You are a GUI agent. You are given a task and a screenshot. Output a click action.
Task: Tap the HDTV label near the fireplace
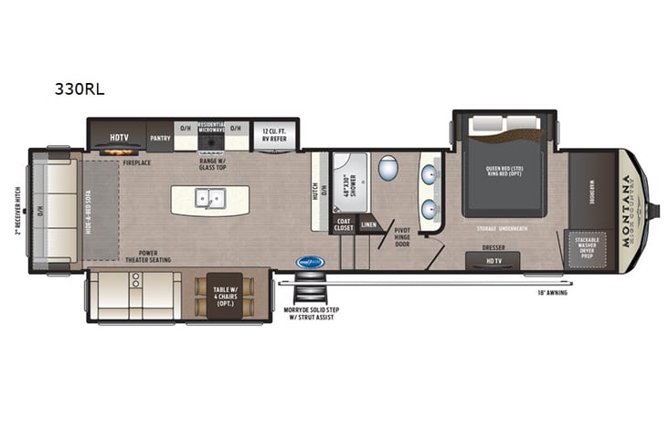[x=118, y=138]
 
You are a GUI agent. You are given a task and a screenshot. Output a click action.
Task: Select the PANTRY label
[x=160, y=138]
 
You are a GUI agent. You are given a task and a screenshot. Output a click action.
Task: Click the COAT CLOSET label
[x=343, y=224]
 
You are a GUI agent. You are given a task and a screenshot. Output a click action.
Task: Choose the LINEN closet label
[x=368, y=224]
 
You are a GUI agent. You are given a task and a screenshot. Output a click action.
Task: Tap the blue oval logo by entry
[x=309, y=263]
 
